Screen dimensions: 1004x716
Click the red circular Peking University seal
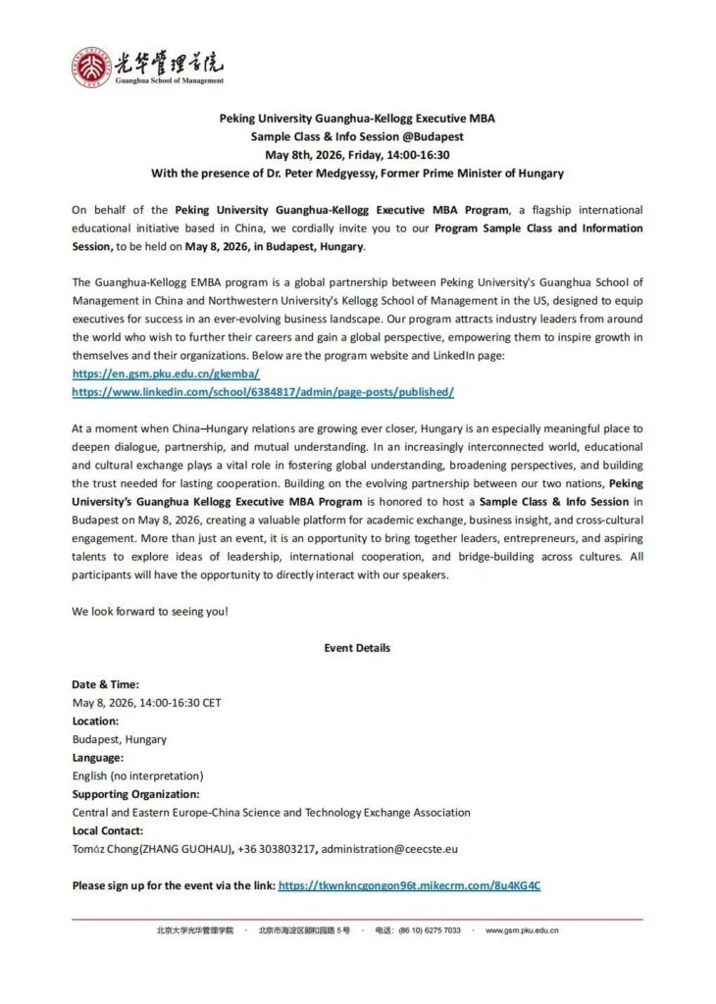[89, 65]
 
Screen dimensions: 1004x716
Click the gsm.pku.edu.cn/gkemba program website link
[165, 374]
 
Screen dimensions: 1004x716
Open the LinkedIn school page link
[263, 391]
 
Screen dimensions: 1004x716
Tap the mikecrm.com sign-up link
[409, 885]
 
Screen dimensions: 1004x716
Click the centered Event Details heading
[357, 647]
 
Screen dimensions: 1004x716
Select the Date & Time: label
[105, 684]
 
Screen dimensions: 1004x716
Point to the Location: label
[96, 721]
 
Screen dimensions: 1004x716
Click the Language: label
[98, 757]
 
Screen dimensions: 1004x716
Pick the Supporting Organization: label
[135, 794]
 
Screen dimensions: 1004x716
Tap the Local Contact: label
[107, 830]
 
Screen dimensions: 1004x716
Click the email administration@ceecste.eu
[389, 849]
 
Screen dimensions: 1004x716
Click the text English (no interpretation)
[137, 776]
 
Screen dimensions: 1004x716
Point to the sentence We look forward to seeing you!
[150, 611]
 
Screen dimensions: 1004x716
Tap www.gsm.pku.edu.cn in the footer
[523, 930]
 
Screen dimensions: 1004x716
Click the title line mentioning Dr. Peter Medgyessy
[357, 174]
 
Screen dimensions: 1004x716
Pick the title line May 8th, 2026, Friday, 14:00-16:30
[357, 155]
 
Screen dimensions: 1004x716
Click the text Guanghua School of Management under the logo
[169, 80]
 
